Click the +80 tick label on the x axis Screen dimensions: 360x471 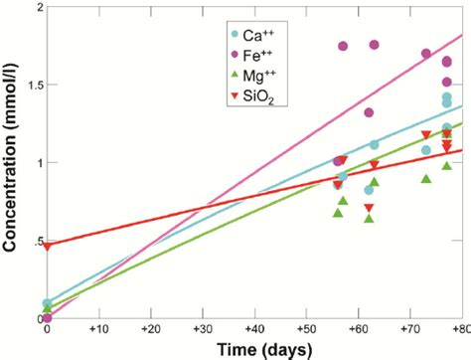(x=459, y=327)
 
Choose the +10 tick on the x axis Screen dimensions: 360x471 (x=98, y=327)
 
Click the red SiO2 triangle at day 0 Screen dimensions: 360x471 (x=48, y=245)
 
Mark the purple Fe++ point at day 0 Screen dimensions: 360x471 (x=48, y=318)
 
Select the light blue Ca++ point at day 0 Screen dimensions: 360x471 (x=48, y=303)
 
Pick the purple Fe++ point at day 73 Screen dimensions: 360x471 (x=426, y=54)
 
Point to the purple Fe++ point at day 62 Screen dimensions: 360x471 (x=370, y=113)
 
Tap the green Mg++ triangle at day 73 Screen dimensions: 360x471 (x=426, y=179)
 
